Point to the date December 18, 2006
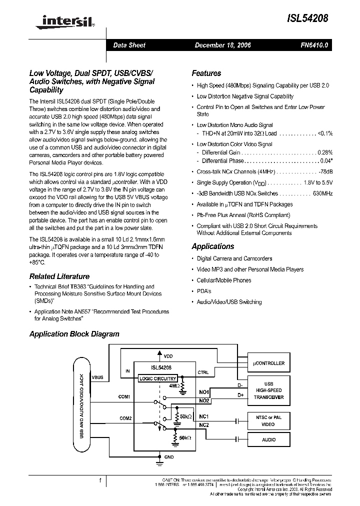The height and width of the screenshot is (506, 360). tap(222, 45)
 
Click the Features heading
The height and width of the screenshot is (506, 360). tap(206, 73)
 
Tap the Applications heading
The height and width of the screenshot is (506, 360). tap(212, 246)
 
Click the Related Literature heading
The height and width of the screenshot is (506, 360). tap(59, 276)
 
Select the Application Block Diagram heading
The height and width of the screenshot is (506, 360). tap(74, 334)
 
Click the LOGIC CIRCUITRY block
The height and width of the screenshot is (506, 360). tap(157, 378)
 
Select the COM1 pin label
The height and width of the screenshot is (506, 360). tap(124, 396)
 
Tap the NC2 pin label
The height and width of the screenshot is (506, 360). tap(204, 425)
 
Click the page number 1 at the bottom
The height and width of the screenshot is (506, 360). tap(100, 480)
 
